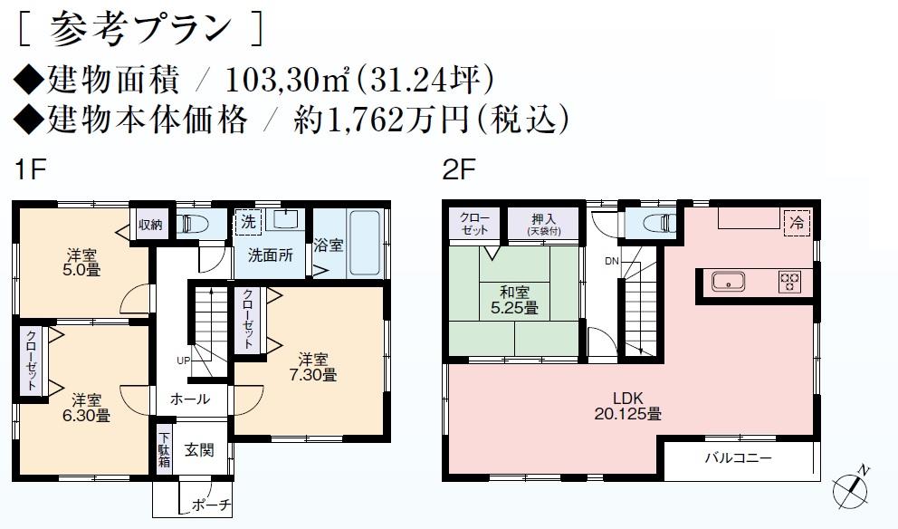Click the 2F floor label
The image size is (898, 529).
[x=454, y=169]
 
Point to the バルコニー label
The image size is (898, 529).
[x=739, y=458]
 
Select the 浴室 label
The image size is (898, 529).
[x=329, y=245]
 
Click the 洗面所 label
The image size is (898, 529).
[x=271, y=255]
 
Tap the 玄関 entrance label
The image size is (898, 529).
[x=199, y=450]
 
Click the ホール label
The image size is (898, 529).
[x=190, y=399]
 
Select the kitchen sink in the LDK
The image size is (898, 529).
[x=728, y=282]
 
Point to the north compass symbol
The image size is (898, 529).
[x=855, y=487]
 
